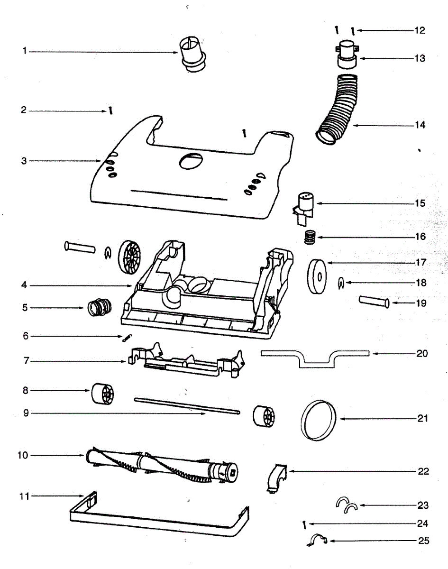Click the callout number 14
(x=420, y=126)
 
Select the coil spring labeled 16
(x=309, y=236)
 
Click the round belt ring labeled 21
(x=319, y=420)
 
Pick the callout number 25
(x=424, y=541)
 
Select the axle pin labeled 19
(x=374, y=302)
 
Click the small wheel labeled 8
(x=103, y=394)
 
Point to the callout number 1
(x=25, y=51)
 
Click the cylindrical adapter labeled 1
(x=192, y=55)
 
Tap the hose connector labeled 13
(x=348, y=55)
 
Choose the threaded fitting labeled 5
(x=98, y=308)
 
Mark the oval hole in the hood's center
(x=190, y=161)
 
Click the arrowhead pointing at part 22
(x=290, y=471)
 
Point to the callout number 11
(x=24, y=496)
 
